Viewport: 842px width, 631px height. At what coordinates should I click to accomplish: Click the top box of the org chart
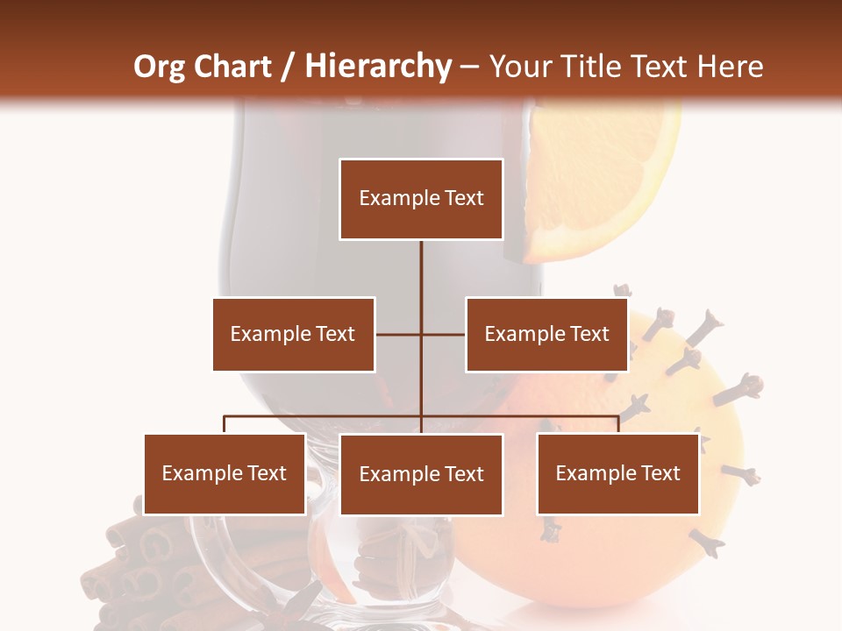[421, 199]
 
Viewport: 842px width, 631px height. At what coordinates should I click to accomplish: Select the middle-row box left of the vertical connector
[293, 334]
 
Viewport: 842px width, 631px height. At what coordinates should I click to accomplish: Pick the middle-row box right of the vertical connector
[546, 334]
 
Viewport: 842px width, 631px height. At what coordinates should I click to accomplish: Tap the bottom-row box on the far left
[225, 473]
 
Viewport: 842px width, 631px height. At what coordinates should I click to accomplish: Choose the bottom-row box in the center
[421, 474]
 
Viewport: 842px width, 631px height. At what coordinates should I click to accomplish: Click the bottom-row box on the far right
[617, 473]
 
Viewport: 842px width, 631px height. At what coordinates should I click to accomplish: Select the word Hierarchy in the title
[378, 67]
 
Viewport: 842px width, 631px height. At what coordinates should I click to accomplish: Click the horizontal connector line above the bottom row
[325, 416]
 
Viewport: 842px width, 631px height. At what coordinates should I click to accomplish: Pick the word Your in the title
[524, 67]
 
